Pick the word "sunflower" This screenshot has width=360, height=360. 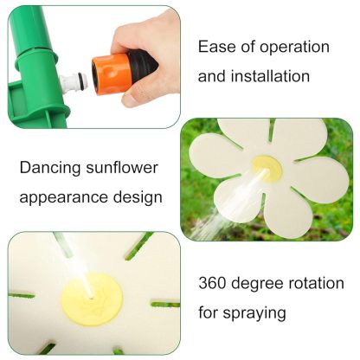(x=126, y=167)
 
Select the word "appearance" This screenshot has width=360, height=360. (x=63, y=197)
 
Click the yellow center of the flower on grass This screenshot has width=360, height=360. (x=266, y=168)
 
